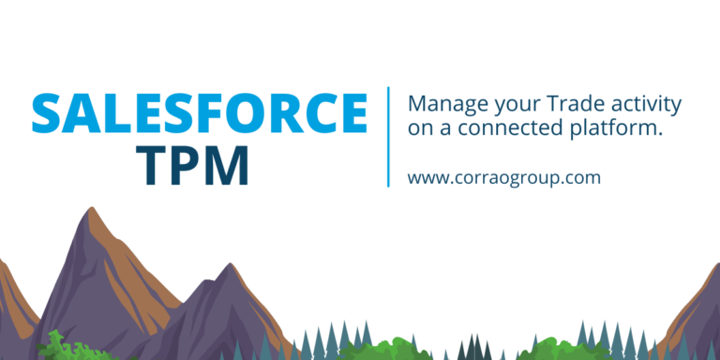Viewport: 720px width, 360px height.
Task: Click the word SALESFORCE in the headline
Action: (199, 114)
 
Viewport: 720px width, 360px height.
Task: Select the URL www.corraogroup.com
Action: (503, 176)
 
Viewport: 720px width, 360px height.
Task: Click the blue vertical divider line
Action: (388, 137)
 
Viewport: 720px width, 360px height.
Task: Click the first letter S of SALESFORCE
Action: (49, 114)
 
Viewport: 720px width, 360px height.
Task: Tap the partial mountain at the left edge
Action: (11, 300)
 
